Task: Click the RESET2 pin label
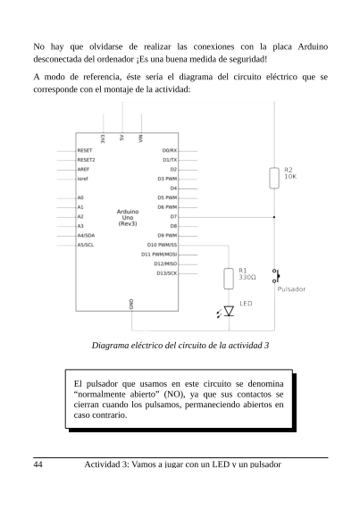(x=87, y=159)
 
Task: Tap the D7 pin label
(x=173, y=216)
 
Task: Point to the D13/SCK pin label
(x=166, y=272)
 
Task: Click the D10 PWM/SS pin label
(x=163, y=244)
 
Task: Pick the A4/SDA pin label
(x=87, y=235)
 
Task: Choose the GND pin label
(x=131, y=304)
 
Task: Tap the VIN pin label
(x=140, y=139)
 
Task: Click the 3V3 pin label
(x=104, y=139)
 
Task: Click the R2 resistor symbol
(x=274, y=178)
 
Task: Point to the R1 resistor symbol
(x=229, y=278)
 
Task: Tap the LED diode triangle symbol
(x=229, y=311)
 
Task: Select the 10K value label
(x=290, y=177)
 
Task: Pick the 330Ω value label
(x=247, y=278)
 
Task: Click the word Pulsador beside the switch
(x=292, y=289)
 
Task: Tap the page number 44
(x=38, y=464)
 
